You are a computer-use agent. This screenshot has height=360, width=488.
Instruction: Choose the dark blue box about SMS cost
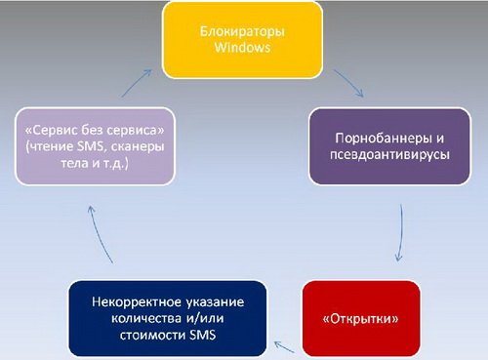click(x=166, y=317)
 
